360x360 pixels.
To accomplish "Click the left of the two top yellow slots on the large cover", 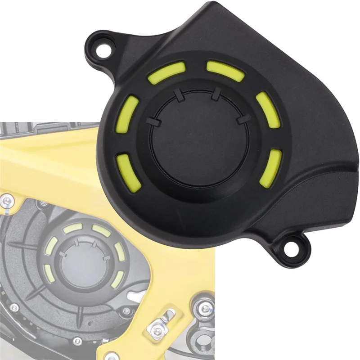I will click(x=166, y=72).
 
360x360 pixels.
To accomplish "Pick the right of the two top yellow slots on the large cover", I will click(x=225, y=71).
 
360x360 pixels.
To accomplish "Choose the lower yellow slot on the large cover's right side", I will click(x=273, y=165).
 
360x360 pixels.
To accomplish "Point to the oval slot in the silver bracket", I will click(x=169, y=315).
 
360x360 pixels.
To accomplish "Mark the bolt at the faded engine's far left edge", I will click(x=14, y=307).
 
